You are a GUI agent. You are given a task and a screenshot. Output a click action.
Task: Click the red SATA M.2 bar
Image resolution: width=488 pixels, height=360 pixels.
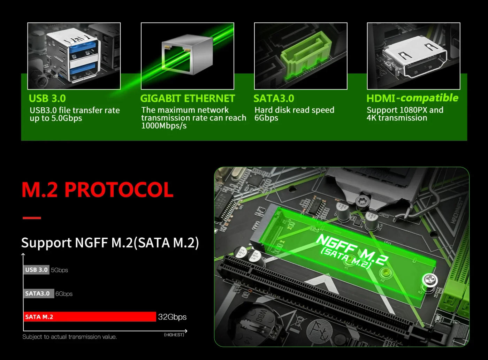pyautogui.click(x=90, y=317)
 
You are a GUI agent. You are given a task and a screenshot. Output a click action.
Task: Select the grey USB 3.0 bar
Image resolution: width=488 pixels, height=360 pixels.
pyautogui.click(x=36, y=270)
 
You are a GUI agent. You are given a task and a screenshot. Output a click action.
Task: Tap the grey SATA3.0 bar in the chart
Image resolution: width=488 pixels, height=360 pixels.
pyautogui.click(x=39, y=293)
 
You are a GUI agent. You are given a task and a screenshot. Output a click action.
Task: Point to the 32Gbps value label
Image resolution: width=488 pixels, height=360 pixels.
pyautogui.click(x=172, y=317)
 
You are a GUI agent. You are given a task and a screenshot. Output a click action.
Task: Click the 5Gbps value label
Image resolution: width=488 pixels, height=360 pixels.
pyautogui.click(x=59, y=270)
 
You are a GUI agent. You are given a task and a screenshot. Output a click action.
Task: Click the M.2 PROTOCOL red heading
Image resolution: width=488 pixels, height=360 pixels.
pyautogui.click(x=98, y=190)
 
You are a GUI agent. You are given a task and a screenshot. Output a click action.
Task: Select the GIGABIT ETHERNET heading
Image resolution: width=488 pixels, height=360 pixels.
pyautogui.click(x=188, y=98)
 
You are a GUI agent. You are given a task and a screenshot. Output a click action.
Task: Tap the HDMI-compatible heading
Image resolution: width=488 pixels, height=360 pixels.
pyautogui.click(x=412, y=98)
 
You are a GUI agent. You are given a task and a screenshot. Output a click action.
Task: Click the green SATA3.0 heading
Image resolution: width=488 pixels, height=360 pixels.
pyautogui.click(x=274, y=98)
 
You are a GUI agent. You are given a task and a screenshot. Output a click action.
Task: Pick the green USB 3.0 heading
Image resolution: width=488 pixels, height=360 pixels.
pyautogui.click(x=47, y=98)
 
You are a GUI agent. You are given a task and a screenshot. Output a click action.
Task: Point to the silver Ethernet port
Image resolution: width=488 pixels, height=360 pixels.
pyautogui.click(x=187, y=54)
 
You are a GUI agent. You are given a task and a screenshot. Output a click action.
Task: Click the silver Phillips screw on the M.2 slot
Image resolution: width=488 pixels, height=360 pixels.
pyautogui.click(x=430, y=280)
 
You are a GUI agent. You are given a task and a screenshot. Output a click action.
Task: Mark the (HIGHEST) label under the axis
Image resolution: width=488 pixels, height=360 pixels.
pyautogui.click(x=174, y=335)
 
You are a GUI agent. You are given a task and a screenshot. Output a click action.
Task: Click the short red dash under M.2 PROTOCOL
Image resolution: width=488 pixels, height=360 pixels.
pyautogui.click(x=32, y=218)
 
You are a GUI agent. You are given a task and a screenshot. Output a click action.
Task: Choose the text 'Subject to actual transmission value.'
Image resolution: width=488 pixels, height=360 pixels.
pyautogui.click(x=69, y=337)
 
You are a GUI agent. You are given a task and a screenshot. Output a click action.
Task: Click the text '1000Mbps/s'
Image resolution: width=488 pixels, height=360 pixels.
pyautogui.click(x=164, y=126)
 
